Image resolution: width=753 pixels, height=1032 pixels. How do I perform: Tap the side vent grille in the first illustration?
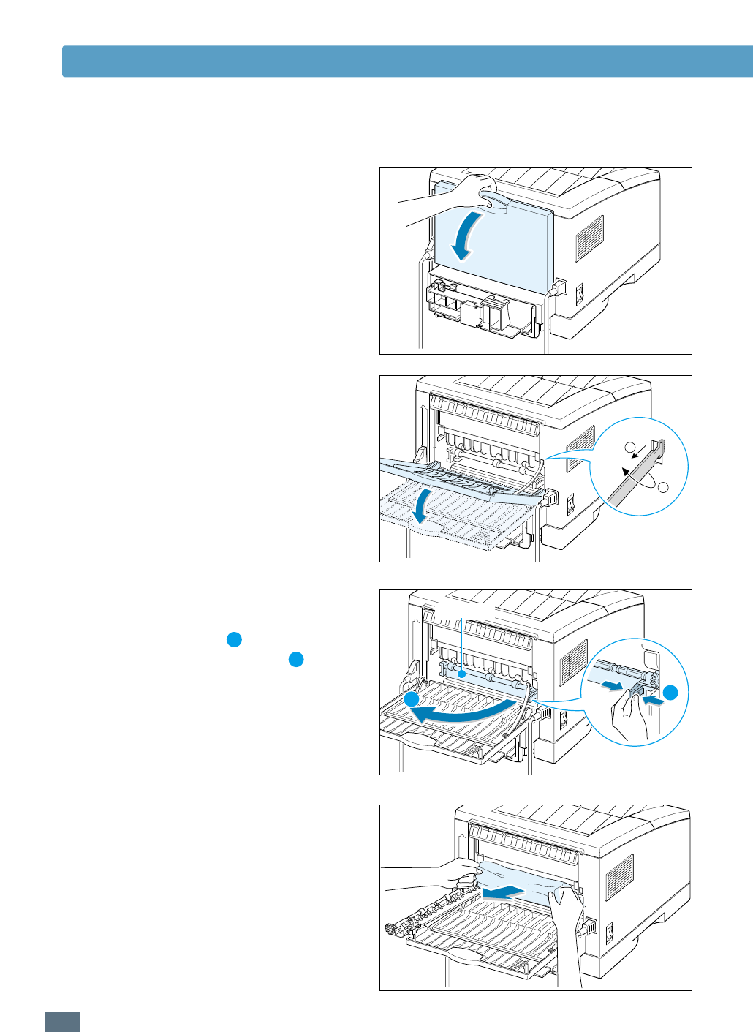[589, 238]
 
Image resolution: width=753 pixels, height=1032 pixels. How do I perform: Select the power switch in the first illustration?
[580, 294]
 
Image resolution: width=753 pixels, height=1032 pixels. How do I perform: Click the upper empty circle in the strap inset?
[629, 448]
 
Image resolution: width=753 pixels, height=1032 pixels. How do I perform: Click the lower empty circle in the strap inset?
[664, 487]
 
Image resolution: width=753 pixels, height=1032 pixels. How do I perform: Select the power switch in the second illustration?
[572, 503]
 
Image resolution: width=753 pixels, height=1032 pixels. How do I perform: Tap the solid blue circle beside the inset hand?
[671, 692]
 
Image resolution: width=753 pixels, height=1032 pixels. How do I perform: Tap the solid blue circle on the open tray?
[413, 700]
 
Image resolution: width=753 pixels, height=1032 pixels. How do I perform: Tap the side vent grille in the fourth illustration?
[620, 877]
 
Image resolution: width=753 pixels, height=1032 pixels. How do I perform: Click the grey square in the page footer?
[62, 1022]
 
